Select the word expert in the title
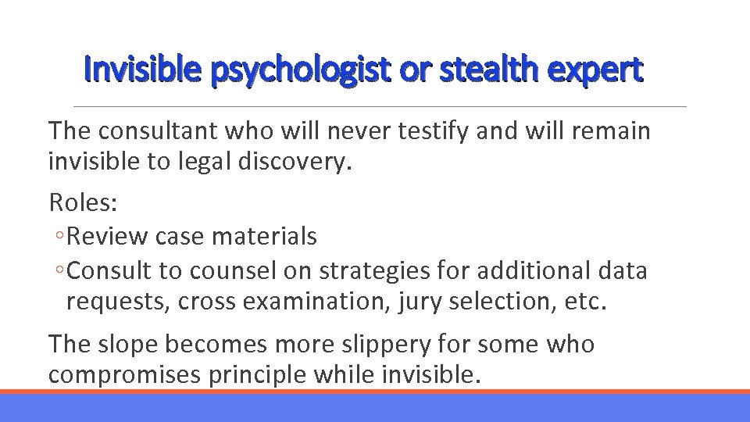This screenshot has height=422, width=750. coord(595,70)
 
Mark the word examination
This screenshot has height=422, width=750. coord(290,302)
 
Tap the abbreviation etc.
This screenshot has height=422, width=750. coord(584,302)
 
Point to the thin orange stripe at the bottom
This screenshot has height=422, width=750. coord(375,392)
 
